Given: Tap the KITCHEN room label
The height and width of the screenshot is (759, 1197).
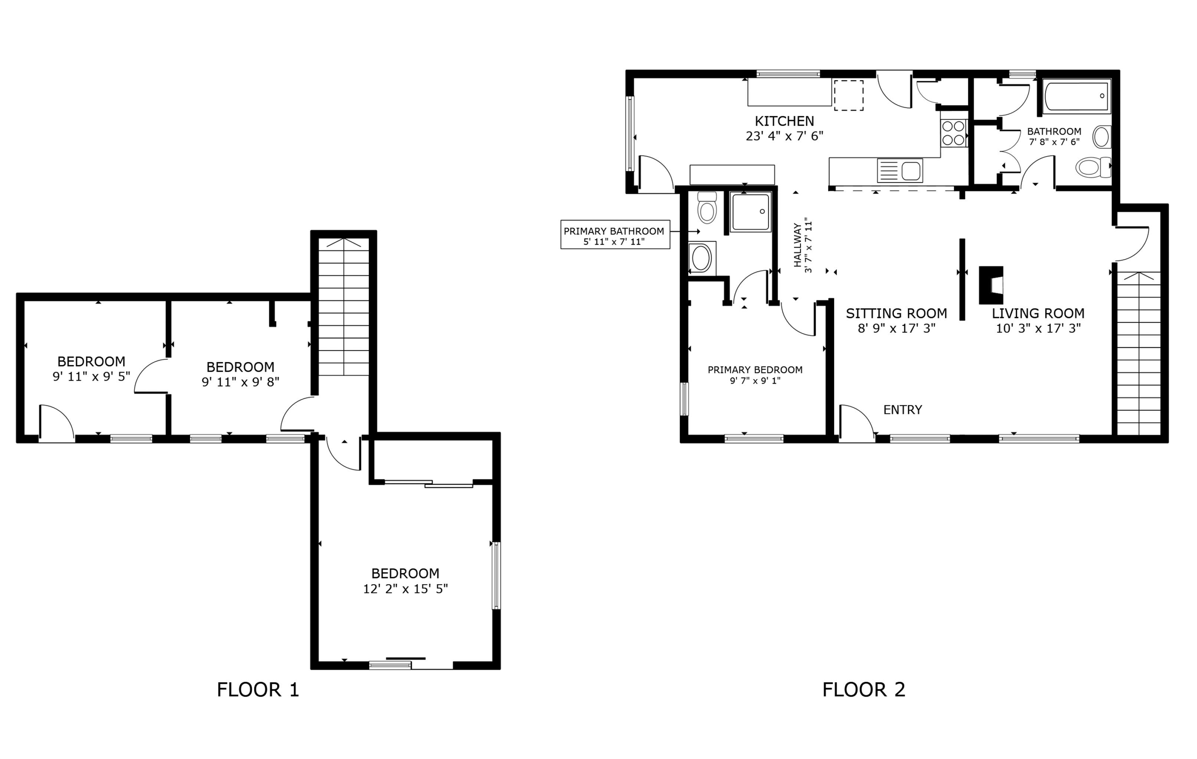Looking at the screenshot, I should [x=784, y=121].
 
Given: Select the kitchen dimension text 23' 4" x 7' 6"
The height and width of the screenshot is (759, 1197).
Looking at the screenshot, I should [x=784, y=136].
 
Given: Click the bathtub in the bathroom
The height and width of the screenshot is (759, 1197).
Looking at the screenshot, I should [x=1077, y=96].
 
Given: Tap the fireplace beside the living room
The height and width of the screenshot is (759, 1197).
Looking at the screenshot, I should [x=991, y=285].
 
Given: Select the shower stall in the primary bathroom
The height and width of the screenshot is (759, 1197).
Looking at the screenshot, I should [x=750, y=212].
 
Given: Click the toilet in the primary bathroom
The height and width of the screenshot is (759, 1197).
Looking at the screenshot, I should [x=707, y=208].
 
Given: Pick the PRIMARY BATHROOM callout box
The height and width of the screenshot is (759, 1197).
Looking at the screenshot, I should [x=615, y=235].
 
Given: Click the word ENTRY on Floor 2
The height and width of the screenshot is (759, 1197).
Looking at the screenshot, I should [x=902, y=410].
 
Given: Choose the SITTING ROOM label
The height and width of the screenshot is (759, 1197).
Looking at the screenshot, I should [x=896, y=313].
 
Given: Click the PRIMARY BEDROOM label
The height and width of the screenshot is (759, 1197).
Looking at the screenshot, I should [x=755, y=369].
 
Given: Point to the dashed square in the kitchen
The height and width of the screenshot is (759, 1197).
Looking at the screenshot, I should [x=848, y=95].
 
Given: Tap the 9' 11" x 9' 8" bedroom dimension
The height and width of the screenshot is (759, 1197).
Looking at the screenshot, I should [x=240, y=382].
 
